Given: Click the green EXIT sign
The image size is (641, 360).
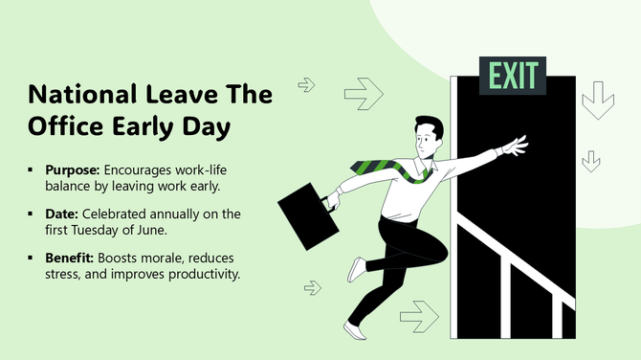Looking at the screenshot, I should point(513,75).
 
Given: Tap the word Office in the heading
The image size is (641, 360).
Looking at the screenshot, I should point(69,127).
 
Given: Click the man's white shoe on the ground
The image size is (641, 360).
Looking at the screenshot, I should point(355,330).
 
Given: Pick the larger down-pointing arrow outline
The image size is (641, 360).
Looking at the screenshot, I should point(598,101).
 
